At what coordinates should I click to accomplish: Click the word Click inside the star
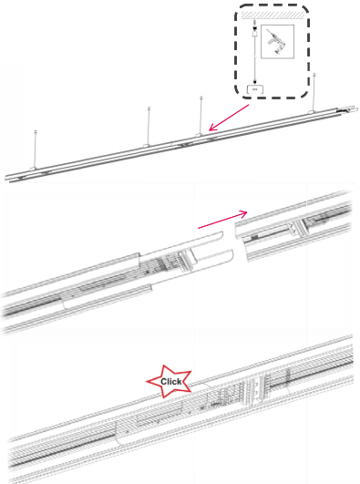click(x=170, y=382)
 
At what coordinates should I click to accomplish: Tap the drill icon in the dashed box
click(x=275, y=42)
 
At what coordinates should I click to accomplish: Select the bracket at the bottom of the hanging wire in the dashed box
click(x=255, y=89)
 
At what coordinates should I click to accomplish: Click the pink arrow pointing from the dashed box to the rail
click(x=229, y=118)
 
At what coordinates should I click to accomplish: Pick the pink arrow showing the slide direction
click(x=222, y=220)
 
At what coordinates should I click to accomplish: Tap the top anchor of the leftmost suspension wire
click(x=36, y=132)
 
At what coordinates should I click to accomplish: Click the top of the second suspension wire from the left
click(x=149, y=108)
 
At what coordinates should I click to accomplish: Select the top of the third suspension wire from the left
click(x=201, y=98)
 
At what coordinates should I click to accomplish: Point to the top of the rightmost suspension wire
click(x=314, y=75)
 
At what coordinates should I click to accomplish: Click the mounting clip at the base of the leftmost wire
click(x=34, y=168)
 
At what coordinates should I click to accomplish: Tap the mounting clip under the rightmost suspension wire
click(x=312, y=112)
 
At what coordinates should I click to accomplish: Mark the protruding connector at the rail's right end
click(x=348, y=109)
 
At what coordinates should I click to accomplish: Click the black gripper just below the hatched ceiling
click(x=254, y=28)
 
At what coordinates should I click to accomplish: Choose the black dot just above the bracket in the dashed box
click(x=255, y=82)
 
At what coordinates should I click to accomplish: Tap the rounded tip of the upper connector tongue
click(x=221, y=234)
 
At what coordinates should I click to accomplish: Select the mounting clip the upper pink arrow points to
click(x=200, y=135)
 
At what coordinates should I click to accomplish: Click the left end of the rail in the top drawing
click(x=6, y=178)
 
